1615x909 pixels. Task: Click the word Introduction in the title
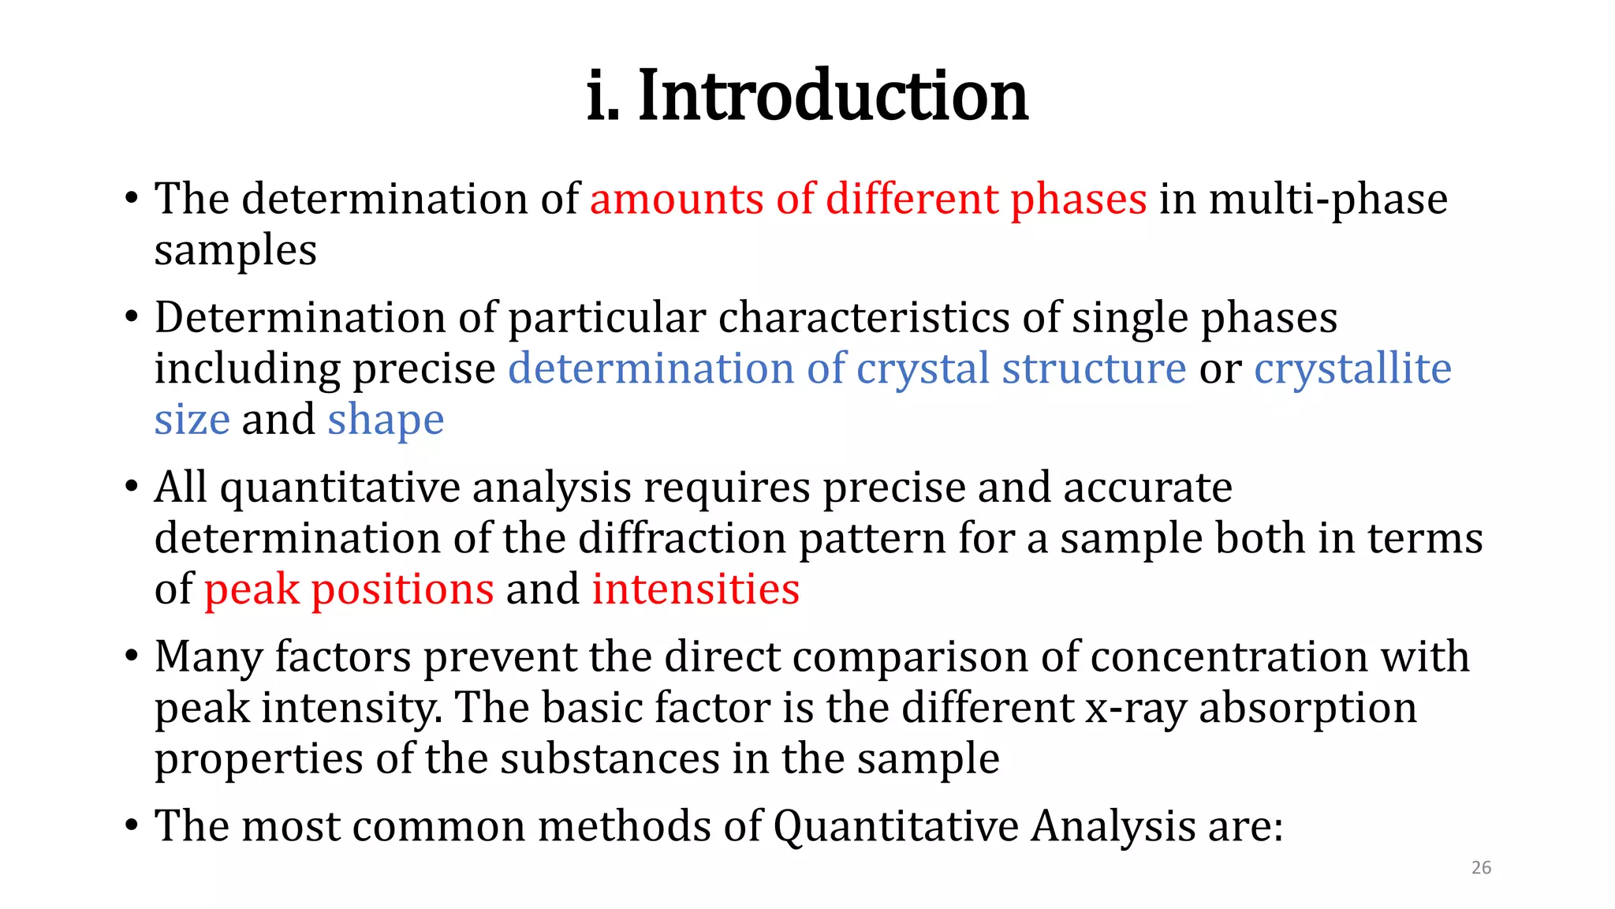pos(833,95)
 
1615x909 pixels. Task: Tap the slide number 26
pos(1481,868)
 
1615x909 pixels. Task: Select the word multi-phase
pos(1328,199)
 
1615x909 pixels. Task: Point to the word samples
pos(235,251)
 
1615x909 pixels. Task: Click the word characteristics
pos(863,318)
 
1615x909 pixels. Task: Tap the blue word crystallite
pos(1352,368)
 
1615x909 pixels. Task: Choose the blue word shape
pos(386,420)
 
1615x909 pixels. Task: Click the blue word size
pos(192,420)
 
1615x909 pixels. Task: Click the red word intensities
pos(696,589)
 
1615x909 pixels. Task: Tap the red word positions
pos(402,589)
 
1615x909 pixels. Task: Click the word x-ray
pos(1136,708)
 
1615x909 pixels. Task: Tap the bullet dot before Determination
pos(132,319)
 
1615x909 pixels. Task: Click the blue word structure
pos(1094,368)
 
